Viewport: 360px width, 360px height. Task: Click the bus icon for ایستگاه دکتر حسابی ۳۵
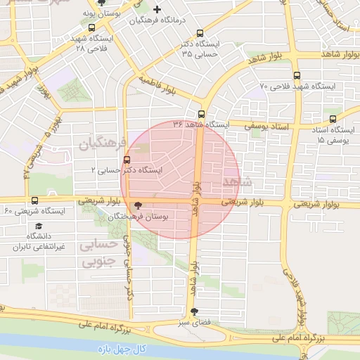[200, 33]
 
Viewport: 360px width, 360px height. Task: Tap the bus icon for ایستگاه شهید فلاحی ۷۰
[296, 76]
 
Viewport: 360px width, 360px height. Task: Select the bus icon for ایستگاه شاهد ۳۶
[202, 114]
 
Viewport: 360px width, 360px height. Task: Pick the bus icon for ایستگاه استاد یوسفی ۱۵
[333, 120]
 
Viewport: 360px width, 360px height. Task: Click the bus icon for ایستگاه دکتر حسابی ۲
[127, 159]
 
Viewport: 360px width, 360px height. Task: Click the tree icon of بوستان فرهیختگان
[138, 205]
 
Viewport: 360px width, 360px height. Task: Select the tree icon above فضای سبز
[194, 311]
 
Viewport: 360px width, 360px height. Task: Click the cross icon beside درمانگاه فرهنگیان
[157, 10]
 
